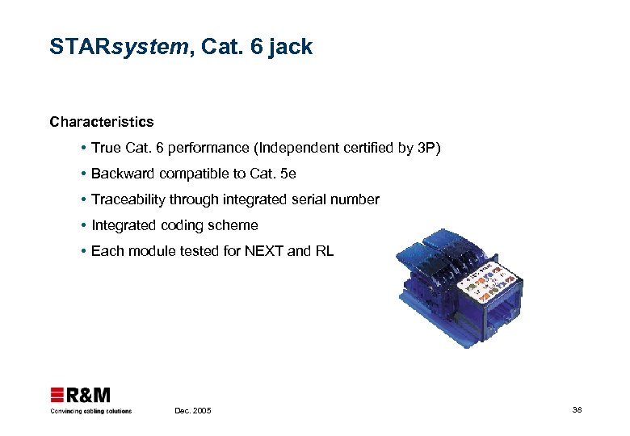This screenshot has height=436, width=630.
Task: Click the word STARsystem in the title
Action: tap(118, 48)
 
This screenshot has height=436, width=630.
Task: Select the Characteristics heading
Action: tap(101, 122)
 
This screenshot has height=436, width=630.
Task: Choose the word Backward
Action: tap(124, 174)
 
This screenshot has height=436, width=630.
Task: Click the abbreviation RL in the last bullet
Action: tap(324, 251)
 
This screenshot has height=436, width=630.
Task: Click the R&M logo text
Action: tap(88, 396)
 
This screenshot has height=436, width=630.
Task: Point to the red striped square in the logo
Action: tap(57, 396)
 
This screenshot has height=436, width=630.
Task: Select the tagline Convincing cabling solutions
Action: tap(90, 411)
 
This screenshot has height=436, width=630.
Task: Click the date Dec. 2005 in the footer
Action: tap(193, 411)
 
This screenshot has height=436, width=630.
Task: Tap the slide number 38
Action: tap(577, 410)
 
